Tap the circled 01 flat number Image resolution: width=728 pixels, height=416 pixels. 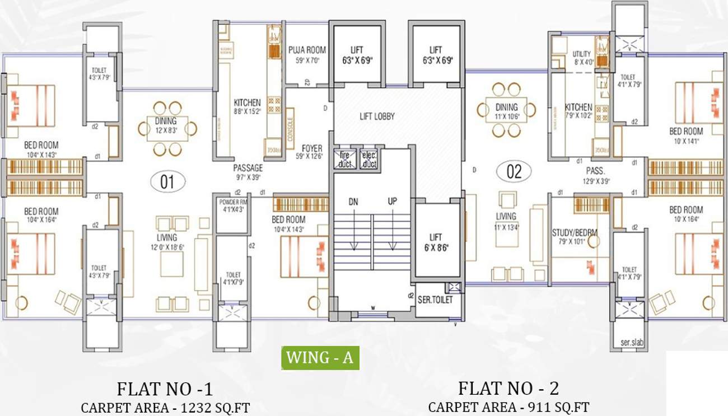coord(167,181)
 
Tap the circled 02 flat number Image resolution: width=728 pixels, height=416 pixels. coord(514,172)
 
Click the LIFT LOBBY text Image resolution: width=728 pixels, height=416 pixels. coord(377,116)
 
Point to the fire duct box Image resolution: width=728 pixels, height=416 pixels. coord(344,160)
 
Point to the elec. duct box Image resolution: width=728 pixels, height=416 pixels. coord(368,160)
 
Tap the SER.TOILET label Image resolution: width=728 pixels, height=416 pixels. coord(435,300)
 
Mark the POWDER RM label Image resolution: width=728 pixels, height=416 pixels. coord(233,202)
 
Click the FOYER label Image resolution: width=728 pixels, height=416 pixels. coord(312,148)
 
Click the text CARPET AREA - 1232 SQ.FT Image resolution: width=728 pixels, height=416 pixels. coord(165,408)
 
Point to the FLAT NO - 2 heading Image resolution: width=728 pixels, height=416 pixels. coord(508,388)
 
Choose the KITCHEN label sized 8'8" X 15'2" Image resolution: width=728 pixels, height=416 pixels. coord(247,103)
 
